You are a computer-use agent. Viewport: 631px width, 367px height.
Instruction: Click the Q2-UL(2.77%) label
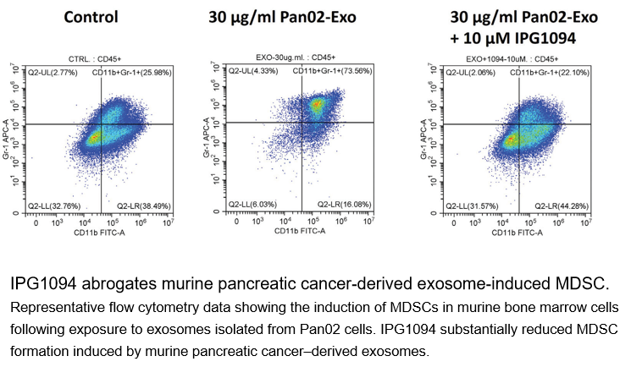53,74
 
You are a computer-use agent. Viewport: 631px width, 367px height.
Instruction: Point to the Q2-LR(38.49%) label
143,205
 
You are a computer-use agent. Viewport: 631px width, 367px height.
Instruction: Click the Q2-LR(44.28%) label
561,205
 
